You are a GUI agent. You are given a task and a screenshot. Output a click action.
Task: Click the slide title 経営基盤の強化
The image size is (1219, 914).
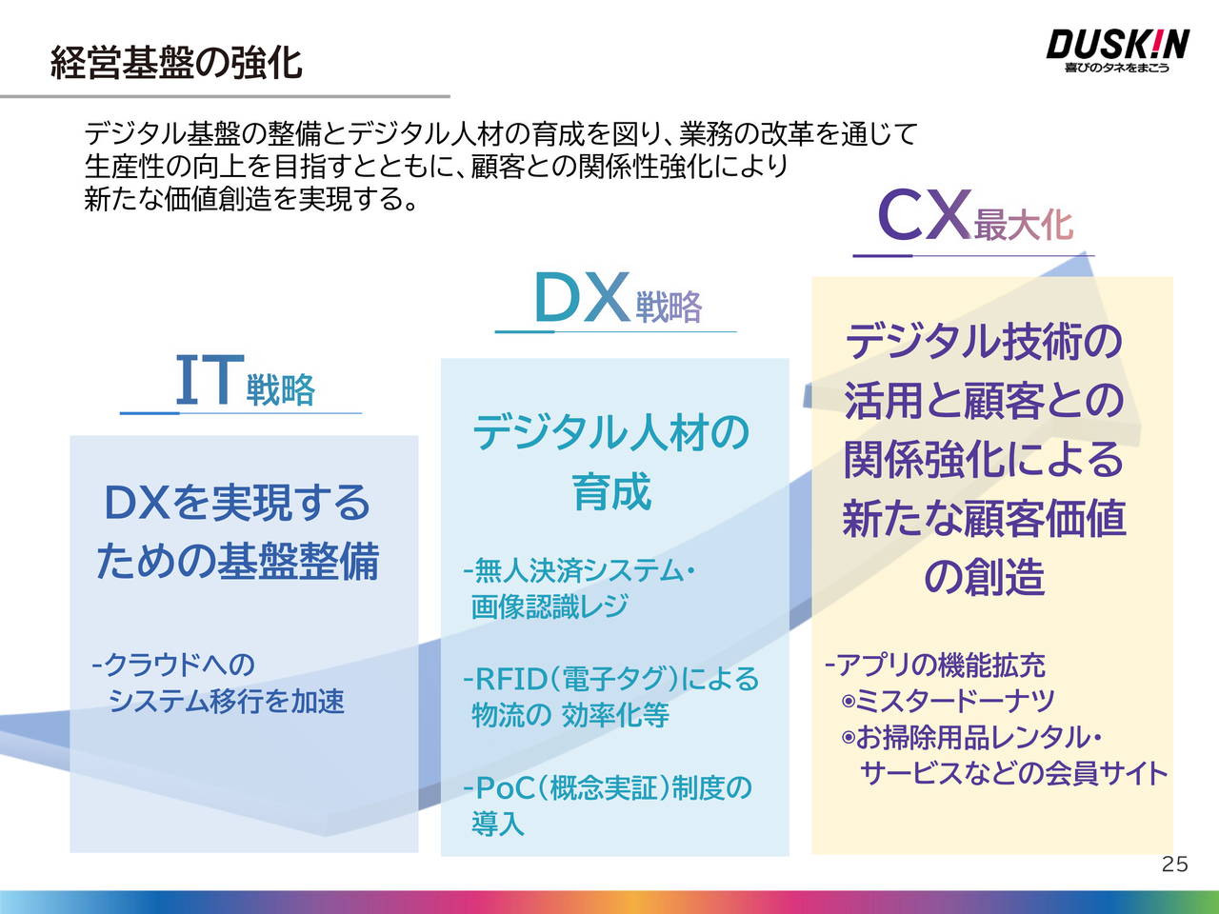[x=176, y=63]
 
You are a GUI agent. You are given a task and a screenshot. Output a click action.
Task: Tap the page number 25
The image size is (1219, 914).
[x=1174, y=864]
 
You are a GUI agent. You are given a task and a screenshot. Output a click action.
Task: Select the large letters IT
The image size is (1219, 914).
[x=210, y=380]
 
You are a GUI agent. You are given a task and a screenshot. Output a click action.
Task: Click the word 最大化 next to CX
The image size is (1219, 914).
[x=1024, y=224]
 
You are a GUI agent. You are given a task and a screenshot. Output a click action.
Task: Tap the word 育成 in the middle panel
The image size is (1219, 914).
[x=611, y=491]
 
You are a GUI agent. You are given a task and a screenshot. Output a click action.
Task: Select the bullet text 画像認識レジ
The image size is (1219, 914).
[x=550, y=606]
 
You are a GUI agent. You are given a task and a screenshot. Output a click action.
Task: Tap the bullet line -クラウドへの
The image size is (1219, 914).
[x=173, y=665]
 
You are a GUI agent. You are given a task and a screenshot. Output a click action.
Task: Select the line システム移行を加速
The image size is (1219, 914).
[x=227, y=701]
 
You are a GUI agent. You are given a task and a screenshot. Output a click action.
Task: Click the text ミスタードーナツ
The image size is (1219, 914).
[x=954, y=701]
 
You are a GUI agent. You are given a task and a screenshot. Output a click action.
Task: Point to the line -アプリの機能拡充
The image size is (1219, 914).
[x=935, y=665]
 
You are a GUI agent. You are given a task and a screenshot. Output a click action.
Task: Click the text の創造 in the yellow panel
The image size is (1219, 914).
[x=984, y=578]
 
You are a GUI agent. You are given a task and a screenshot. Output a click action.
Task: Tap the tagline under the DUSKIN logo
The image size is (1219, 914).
[x=1117, y=68]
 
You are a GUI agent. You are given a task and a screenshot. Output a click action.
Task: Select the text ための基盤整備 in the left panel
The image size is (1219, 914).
[x=238, y=562]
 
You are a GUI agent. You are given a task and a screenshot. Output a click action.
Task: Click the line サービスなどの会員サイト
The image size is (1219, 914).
[x=1014, y=773]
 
